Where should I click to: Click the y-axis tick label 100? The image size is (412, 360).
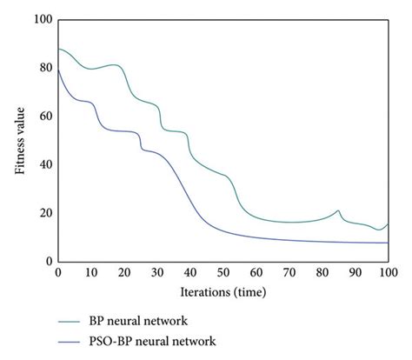pyautogui.click(x=41, y=19)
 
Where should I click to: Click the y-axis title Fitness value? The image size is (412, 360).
pyautogui.click(x=18, y=140)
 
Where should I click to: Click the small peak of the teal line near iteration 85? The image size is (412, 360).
pyautogui.click(x=338, y=210)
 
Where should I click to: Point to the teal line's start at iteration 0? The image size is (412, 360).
pyautogui.click(x=58, y=49)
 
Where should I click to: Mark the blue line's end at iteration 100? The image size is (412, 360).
pyautogui.click(x=388, y=243)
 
